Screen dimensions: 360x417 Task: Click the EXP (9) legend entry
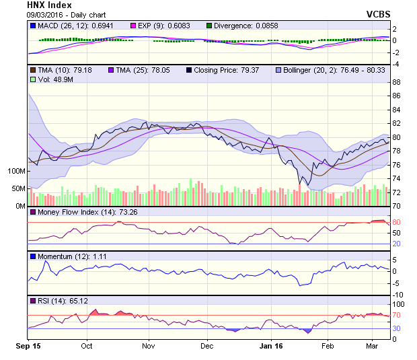(x=168, y=26)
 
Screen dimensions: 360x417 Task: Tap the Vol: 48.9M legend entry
(x=52, y=79)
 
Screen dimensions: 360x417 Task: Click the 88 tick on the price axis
(x=397, y=82)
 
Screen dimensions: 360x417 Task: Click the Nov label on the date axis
(x=149, y=346)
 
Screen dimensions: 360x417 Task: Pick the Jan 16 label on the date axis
(x=271, y=346)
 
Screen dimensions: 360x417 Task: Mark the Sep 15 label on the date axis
(x=28, y=346)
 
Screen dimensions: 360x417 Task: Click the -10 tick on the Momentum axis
(x=398, y=294)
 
